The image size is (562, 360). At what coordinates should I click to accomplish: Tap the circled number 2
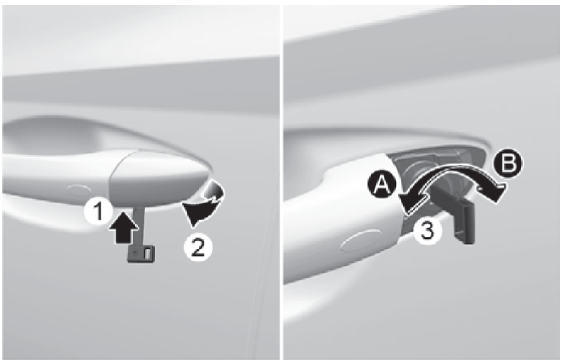198,247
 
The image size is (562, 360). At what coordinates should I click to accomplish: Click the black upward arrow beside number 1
123,227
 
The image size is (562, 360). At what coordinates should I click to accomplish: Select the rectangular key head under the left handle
141,254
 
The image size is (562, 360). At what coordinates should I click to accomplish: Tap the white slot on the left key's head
148,253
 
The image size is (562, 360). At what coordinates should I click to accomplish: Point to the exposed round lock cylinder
424,175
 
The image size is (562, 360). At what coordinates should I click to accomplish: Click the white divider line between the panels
281,182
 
